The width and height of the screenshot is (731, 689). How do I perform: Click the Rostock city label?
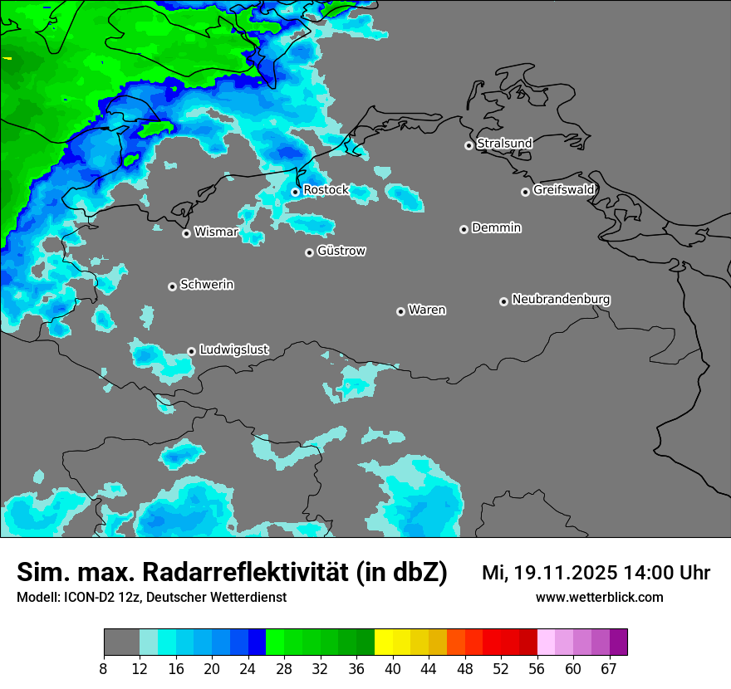tap(326, 190)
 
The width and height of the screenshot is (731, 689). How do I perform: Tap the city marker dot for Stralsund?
tap(469, 145)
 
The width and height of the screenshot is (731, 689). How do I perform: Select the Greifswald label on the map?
tap(563, 190)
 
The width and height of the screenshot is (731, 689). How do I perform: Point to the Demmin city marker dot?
tap(464, 229)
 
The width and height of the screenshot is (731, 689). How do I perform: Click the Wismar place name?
tap(215, 232)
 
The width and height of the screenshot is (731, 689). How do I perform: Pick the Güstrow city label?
tap(341, 251)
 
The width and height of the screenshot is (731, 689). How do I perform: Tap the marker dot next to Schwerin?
tap(172, 286)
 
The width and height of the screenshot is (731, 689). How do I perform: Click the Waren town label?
tap(427, 310)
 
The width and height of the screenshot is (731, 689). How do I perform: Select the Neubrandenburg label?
tap(561, 300)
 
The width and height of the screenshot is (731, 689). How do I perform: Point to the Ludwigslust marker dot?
tap(191, 351)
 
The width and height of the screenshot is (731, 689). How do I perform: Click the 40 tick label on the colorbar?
tap(393, 669)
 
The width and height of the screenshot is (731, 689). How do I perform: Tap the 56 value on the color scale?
tap(537, 669)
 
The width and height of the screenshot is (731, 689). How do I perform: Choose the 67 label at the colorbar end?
tap(609, 669)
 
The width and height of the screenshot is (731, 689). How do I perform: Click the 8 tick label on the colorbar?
tap(104, 669)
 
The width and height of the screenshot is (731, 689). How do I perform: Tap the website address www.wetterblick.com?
tap(599, 598)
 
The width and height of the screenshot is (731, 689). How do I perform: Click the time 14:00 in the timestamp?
tap(656, 573)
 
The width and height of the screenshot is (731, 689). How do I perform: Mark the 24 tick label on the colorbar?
tap(248, 669)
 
